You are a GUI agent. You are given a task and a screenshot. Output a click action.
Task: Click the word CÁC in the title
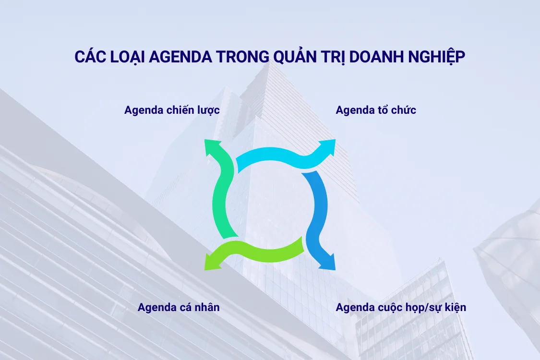coord(89,56)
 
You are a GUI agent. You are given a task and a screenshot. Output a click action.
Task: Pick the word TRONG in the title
coord(236,56)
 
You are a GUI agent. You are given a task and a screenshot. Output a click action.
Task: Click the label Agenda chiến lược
coord(172,110)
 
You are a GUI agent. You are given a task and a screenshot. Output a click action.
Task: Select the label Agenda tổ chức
coord(376,110)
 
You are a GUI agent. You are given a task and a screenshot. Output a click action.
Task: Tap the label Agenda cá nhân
coord(179,307)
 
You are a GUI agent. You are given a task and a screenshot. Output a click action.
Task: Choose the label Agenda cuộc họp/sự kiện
coord(401,307)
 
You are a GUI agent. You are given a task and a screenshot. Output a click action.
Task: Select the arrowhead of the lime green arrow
coord(211,263)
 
